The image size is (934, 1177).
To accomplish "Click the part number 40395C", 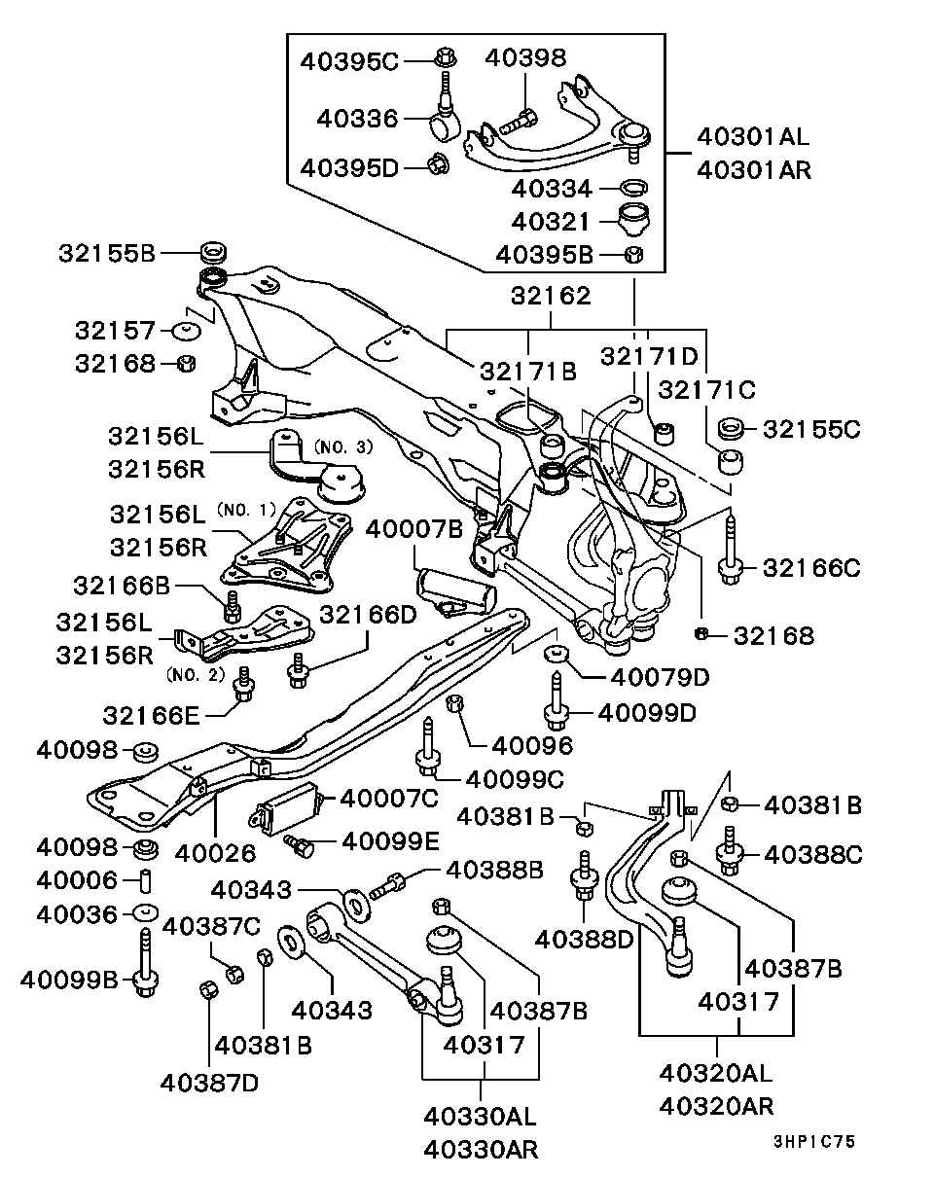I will coord(350,60).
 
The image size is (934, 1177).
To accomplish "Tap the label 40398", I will coord(525,58).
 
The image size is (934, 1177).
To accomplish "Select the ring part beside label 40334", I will coord(635,188).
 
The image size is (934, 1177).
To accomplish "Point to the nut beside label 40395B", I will coord(632,255).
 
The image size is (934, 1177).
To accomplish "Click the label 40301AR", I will coord(753,169).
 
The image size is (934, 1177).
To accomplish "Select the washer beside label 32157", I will coord(186,331).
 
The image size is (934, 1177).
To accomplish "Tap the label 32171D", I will coord(649,356).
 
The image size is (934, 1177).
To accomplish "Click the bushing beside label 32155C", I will coord(734,428).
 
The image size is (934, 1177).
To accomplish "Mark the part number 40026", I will coord(215,853).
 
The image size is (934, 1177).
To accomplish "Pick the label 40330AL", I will coord(479,1115).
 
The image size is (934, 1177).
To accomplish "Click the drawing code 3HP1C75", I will coord(814,1142).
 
